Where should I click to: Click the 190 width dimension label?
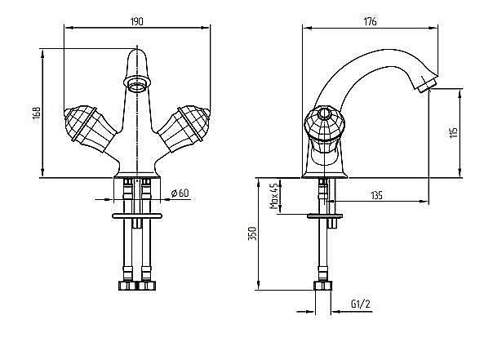tap(136, 21)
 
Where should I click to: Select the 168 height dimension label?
tap(37, 114)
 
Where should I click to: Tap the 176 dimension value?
tap(370, 21)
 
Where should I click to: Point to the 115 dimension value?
tap(454, 133)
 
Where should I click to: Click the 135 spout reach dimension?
tap(376, 196)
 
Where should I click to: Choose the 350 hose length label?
tap(253, 233)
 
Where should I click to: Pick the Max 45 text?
tap(274, 196)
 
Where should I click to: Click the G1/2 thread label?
tap(361, 304)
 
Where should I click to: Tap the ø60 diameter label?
tap(180, 193)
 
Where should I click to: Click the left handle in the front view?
tap(89, 128)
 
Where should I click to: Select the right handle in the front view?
tap(184, 128)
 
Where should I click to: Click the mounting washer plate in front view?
tap(137, 216)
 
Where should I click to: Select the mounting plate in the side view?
tap(325, 216)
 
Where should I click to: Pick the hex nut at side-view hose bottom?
tap(323, 286)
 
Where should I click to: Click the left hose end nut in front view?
tap(128, 286)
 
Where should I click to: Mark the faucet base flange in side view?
tap(325, 175)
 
